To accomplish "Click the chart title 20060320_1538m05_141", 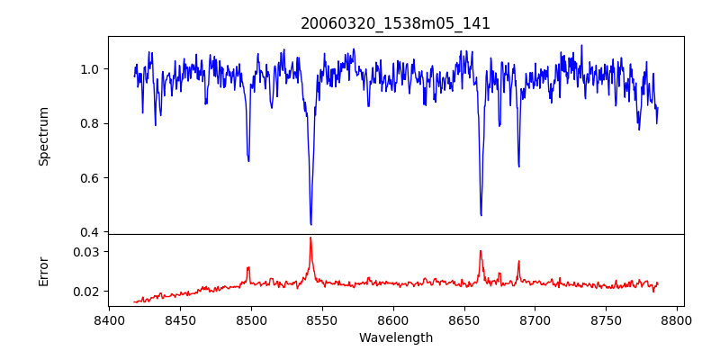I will pyautogui.click(x=395, y=23).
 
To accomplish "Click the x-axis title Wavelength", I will pyautogui.click(x=395, y=338).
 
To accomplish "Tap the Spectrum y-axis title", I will pyautogui.click(x=43, y=136).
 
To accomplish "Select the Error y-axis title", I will pyautogui.click(x=43, y=271).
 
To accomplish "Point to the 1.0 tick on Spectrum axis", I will pyautogui.click(x=91, y=69).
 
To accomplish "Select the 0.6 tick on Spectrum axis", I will pyautogui.click(x=91, y=178).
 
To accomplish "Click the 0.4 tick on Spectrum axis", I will pyautogui.click(x=91, y=232).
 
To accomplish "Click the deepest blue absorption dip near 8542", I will pyautogui.click(x=310, y=224).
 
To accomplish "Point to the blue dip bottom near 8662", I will pyautogui.click(x=481, y=215).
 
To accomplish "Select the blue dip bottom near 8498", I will pyautogui.click(x=248, y=161).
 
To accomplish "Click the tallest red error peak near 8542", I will pyautogui.click(x=310, y=238).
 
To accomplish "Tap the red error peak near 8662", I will pyautogui.click(x=481, y=251).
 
